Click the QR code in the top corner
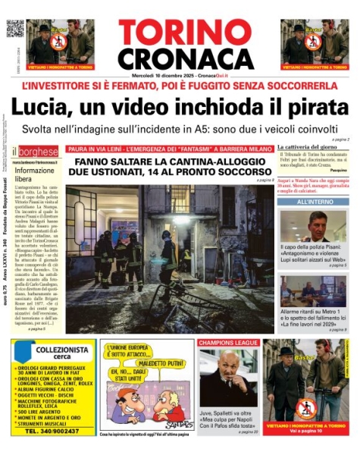pyautogui.click(x=15, y=29)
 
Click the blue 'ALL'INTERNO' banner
pyautogui.click(x=312, y=202)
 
